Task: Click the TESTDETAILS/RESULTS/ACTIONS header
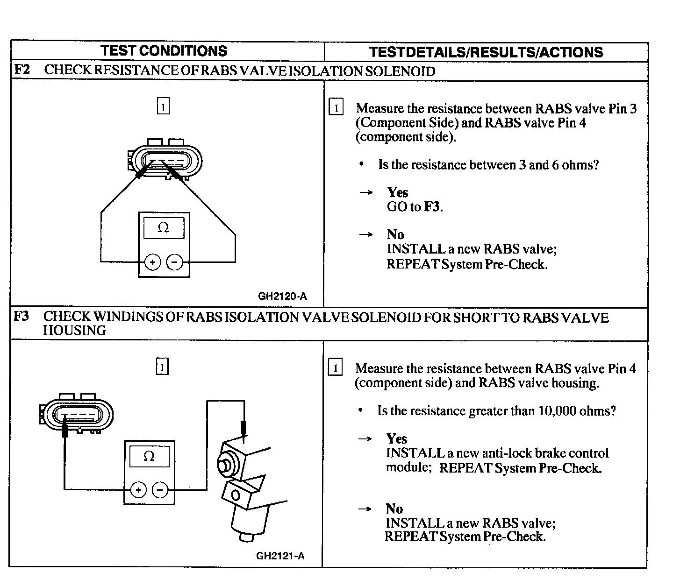pos(486,52)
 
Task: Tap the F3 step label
pos(21,316)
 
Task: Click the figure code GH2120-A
pos(282,296)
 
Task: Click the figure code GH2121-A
pos(280,556)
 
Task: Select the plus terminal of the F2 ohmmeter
pos(152,262)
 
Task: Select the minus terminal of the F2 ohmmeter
pos(175,262)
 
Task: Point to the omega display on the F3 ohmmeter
pos(149,456)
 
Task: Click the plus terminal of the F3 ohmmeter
pos(138,490)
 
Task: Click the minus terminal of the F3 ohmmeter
pos(160,490)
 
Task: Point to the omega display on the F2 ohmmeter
pos(164,228)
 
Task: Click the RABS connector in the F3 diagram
pos(76,415)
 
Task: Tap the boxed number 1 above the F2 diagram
pos(163,106)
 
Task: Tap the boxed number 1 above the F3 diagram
pos(162,367)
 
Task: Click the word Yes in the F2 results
pos(398,192)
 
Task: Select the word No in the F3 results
pos(394,508)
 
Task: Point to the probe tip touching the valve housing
pos(243,434)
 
